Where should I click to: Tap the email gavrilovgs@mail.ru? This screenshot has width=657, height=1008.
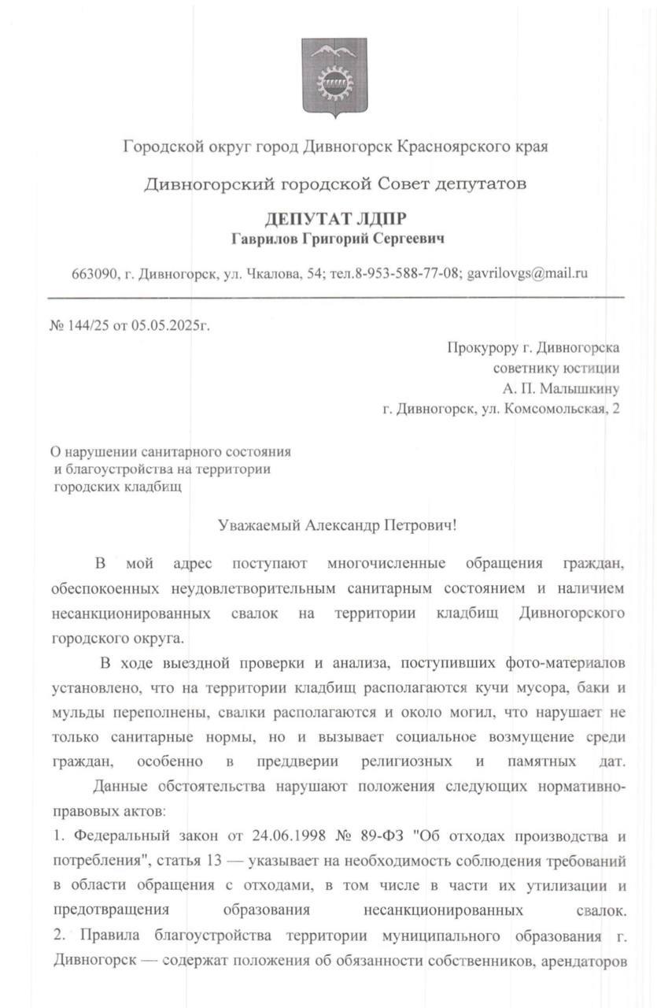pos(528,273)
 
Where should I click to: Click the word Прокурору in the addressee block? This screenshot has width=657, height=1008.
pos(483,346)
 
